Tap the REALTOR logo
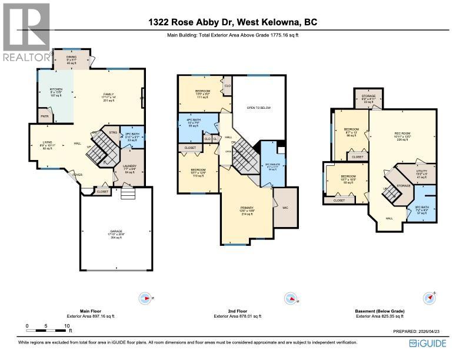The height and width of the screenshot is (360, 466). point(26,32)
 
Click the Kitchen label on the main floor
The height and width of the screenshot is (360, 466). point(55,92)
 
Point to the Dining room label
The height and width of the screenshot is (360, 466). point(71,59)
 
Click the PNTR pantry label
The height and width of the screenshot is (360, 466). point(44,117)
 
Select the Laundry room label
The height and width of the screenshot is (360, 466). point(129,169)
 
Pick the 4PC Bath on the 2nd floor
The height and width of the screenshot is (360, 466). point(194,122)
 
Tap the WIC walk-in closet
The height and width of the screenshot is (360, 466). point(285,208)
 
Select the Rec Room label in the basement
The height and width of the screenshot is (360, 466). point(402,136)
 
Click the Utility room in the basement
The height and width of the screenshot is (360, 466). point(420,175)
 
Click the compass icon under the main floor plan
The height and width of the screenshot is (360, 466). point(145,299)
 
